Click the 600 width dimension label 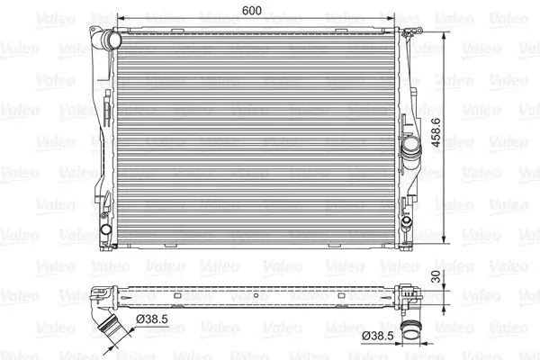252,10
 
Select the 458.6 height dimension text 436,132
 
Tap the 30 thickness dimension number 436,276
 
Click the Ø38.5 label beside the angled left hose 152,319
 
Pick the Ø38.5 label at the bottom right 378,335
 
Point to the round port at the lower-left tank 105,229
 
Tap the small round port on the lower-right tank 407,220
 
